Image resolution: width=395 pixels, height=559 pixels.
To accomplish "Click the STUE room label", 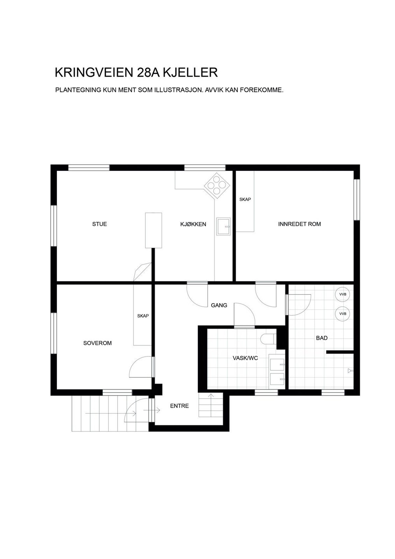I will point(100,224).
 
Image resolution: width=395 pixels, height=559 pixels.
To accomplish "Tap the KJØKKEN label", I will point(193,224).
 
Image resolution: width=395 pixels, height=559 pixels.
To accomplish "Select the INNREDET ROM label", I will point(300,224).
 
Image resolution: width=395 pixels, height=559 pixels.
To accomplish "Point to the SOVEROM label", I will point(98,343).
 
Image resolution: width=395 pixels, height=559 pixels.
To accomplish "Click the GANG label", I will point(219,305).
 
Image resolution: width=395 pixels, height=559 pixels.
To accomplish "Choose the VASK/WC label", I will point(245,358).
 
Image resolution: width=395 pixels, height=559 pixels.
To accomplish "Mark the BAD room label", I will point(322,338).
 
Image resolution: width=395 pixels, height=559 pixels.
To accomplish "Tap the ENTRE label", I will point(179,406).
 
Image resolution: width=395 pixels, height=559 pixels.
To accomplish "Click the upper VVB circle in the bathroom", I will point(343,295).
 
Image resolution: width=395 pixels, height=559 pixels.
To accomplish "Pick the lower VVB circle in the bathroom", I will point(343,314).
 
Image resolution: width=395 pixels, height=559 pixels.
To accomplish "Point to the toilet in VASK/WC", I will point(268,339).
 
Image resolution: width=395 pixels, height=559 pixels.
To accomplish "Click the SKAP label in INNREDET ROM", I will point(245,199).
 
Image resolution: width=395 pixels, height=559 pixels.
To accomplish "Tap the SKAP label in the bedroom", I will point(143,316).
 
